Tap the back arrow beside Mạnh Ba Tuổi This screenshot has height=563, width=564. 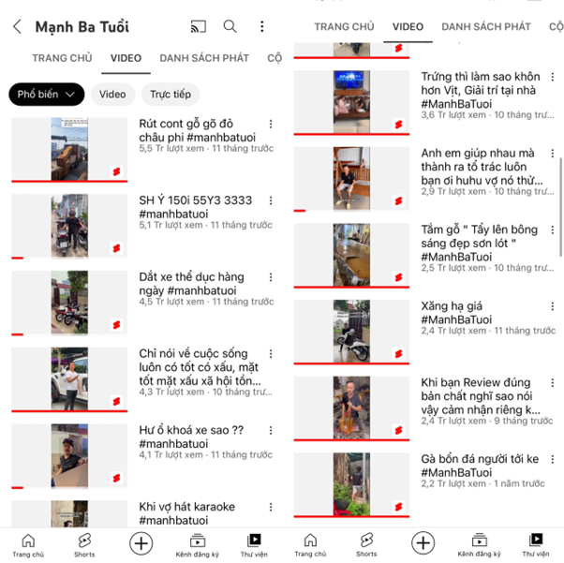click(x=17, y=26)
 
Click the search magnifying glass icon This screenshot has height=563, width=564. click(x=230, y=26)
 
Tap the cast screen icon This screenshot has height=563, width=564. click(x=199, y=26)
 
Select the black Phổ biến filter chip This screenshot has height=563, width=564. click(x=47, y=95)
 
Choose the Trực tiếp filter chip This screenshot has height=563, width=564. click(x=171, y=95)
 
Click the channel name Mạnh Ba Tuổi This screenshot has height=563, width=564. click(x=82, y=26)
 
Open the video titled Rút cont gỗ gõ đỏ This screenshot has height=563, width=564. click(x=186, y=124)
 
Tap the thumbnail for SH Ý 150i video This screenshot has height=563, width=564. click(x=69, y=226)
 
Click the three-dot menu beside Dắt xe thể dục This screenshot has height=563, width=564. click(x=271, y=277)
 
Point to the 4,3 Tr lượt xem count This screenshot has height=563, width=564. click(x=171, y=392)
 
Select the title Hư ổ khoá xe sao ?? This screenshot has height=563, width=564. click(x=191, y=430)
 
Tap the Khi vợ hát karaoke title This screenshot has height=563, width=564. click(x=187, y=507)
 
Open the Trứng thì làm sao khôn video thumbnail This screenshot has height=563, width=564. click(x=351, y=102)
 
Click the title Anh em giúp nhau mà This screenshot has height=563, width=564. click(x=478, y=153)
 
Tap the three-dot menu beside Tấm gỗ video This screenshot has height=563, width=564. click(x=553, y=230)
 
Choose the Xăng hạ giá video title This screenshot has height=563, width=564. click(x=452, y=306)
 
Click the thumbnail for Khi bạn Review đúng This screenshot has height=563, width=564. click(x=351, y=407)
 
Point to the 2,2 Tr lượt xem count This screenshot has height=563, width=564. click(x=453, y=483)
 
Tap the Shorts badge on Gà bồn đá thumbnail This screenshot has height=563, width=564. click(x=398, y=507)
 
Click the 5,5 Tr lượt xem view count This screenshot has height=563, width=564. click(x=171, y=148)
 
